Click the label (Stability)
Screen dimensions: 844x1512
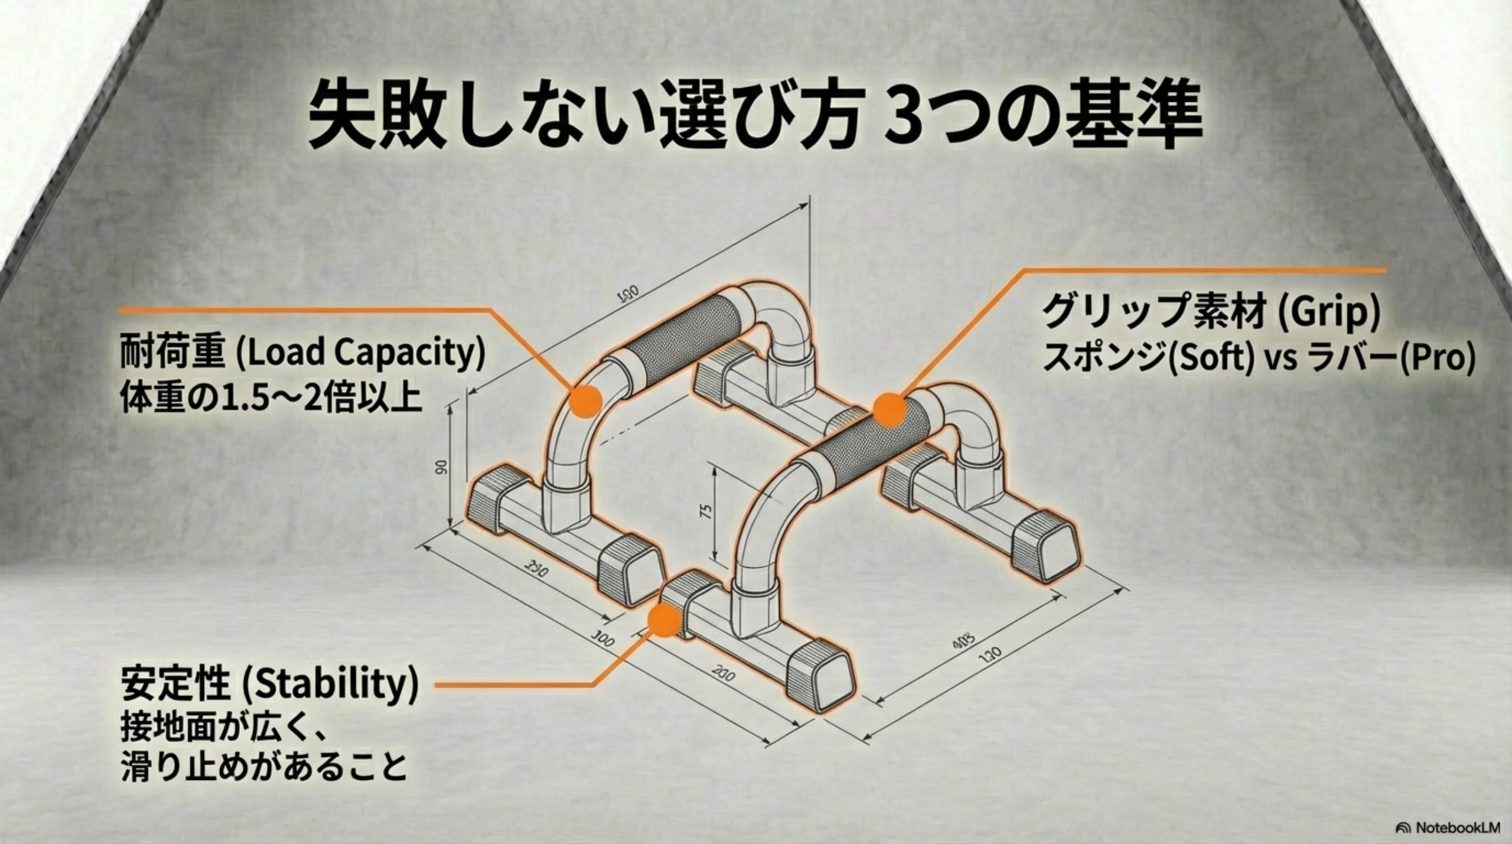tap(330, 684)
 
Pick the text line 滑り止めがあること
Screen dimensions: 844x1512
tap(264, 767)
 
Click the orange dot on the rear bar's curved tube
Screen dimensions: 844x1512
tap(586, 401)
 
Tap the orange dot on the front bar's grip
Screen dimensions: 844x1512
tap(891, 410)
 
